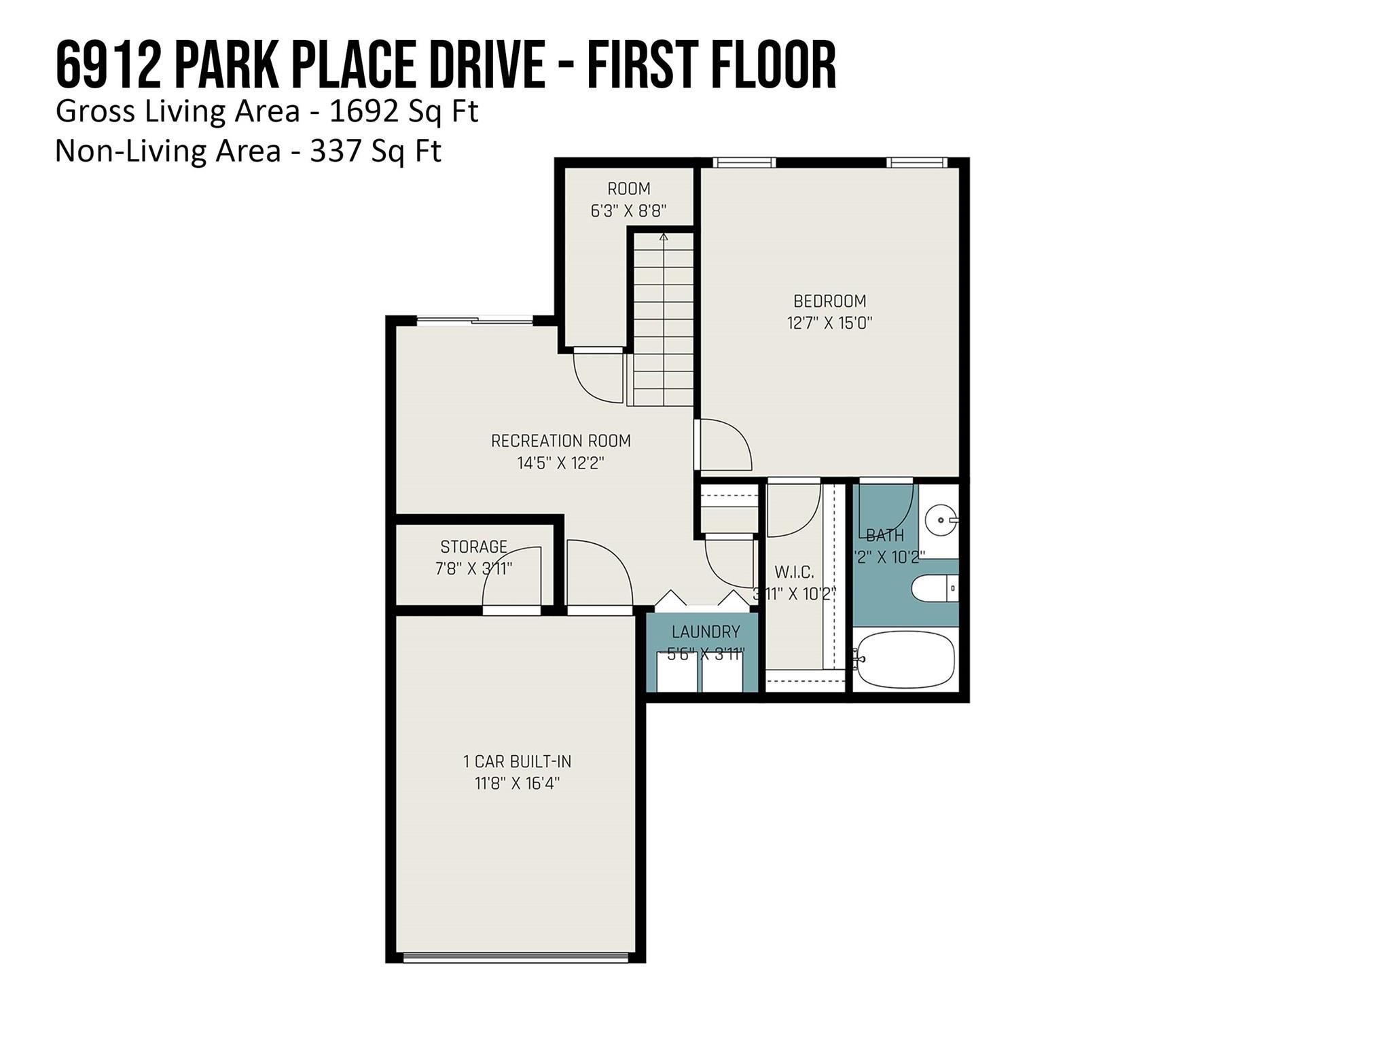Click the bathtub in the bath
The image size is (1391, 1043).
tap(905, 659)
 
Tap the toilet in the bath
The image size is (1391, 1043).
tap(935, 589)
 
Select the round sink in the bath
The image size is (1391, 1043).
tap(941, 520)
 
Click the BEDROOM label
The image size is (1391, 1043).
tap(829, 301)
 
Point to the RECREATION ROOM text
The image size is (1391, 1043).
tap(561, 441)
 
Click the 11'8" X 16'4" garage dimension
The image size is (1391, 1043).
tap(517, 784)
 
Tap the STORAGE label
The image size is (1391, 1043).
tap(473, 547)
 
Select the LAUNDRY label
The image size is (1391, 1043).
tap(706, 632)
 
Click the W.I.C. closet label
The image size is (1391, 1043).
tap(793, 572)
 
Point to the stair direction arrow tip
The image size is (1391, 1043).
tap(664, 236)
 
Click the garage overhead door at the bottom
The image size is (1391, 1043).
tap(516, 957)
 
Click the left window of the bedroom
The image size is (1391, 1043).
tap(744, 162)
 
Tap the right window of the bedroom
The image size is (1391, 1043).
tap(916, 162)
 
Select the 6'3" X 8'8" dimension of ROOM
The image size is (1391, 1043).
tap(628, 211)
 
